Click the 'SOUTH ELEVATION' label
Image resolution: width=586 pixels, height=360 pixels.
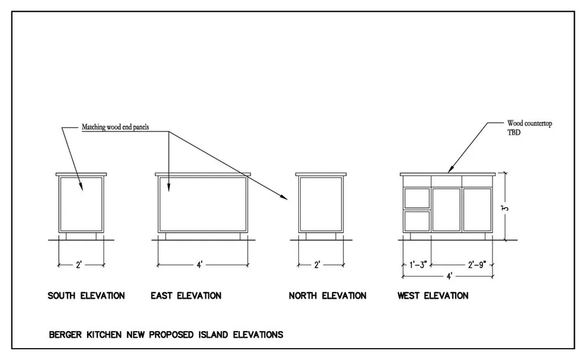tap(86, 295)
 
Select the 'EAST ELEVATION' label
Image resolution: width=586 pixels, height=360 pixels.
tap(186, 295)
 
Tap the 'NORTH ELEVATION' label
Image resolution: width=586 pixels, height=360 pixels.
tap(327, 295)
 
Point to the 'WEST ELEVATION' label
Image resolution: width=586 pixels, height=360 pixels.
tap(433, 295)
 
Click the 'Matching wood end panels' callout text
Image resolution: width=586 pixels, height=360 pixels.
tap(115, 127)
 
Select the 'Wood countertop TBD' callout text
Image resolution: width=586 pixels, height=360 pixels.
tap(529, 127)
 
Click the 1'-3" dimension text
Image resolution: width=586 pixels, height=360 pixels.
tap(418, 265)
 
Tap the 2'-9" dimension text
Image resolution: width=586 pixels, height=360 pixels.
tap(477, 265)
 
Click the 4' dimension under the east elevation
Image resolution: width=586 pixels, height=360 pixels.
tap(200, 265)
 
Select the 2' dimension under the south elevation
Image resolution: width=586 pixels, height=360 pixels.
tap(79, 265)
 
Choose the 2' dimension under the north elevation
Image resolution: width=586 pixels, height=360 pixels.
tap(317, 265)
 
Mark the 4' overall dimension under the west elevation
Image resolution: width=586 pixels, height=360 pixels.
tap(449, 277)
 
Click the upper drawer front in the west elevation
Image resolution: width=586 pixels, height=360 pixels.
tap(417, 198)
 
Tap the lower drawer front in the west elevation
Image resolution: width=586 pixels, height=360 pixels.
tap(417, 221)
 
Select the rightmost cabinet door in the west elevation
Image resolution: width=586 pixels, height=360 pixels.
tap(477, 210)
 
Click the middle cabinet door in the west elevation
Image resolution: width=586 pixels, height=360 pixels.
tap(446, 210)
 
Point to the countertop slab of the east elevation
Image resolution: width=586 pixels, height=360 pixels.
tap(203, 174)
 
